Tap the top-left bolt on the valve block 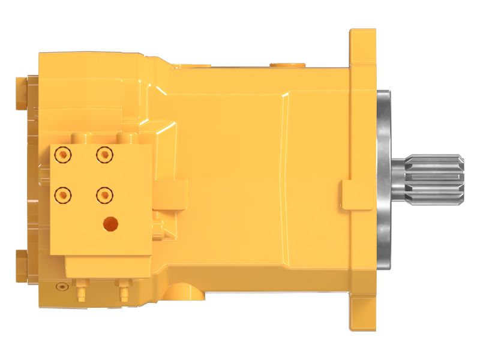coord(62,155)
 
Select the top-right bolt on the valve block coord(104,155)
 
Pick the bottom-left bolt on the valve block coord(62,194)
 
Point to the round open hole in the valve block coord(110,223)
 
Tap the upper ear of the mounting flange coord(362,48)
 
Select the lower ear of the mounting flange coord(362,312)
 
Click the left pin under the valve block coord(80,292)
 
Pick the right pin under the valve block coord(124,292)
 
